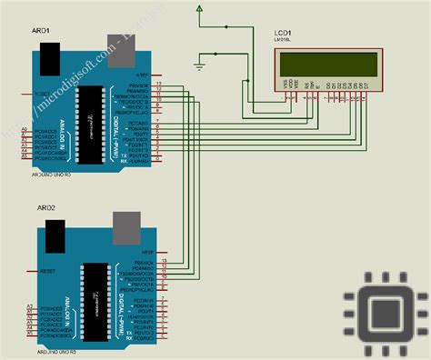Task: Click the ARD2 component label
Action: tap(46, 208)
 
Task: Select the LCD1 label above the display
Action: tap(284, 34)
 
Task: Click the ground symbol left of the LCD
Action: tap(202, 64)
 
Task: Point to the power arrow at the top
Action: tap(198, 10)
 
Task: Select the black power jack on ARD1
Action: tap(50, 56)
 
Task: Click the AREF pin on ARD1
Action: tap(142, 74)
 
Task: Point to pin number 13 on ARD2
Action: tap(164, 262)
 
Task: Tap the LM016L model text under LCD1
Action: tap(284, 42)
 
